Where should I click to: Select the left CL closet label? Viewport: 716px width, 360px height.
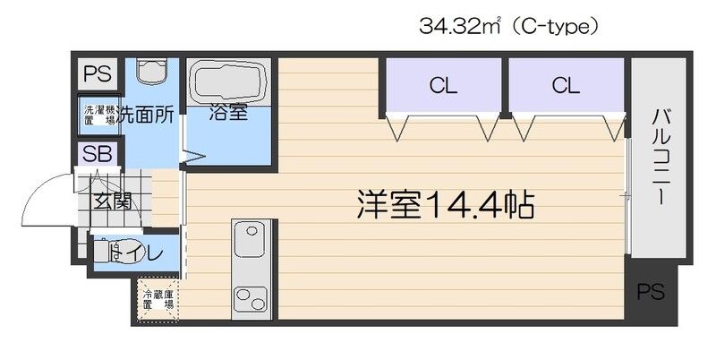click(442, 86)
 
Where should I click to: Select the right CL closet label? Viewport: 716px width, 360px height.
click(565, 86)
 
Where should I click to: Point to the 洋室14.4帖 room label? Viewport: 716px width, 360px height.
click(447, 207)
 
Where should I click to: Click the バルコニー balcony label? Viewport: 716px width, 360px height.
click(662, 158)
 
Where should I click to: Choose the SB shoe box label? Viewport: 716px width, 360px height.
click(97, 153)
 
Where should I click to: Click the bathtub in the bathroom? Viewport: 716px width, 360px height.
click(227, 82)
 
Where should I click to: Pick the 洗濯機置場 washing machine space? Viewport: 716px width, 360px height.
click(98, 114)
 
